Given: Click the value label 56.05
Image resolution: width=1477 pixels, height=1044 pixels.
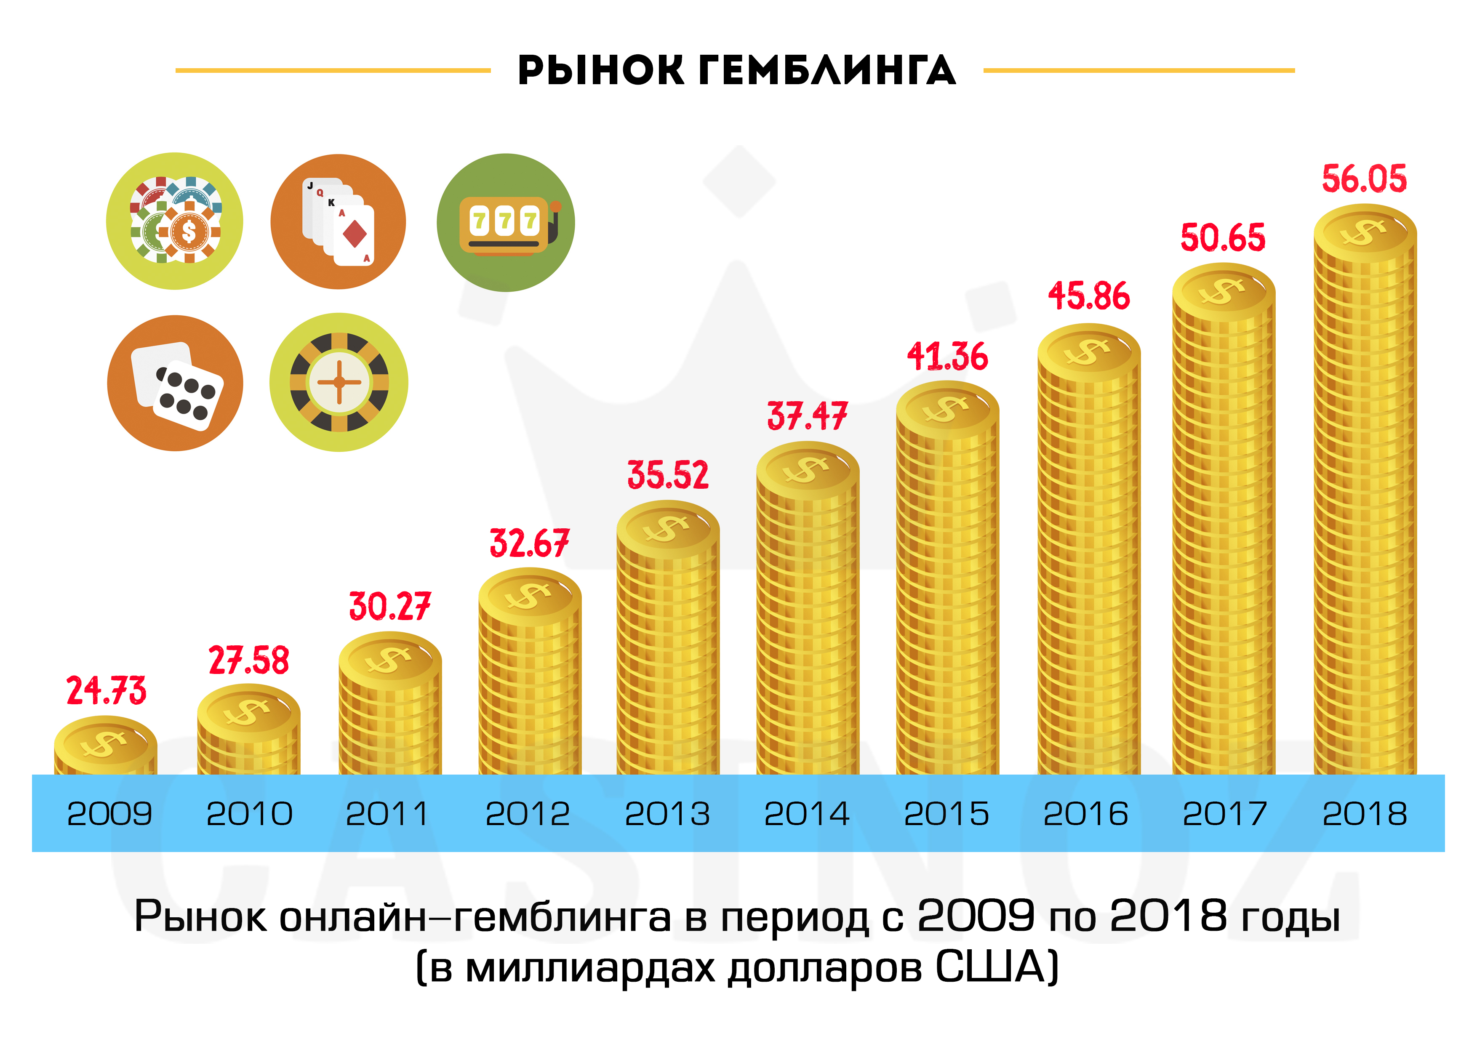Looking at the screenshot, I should coord(1364,179).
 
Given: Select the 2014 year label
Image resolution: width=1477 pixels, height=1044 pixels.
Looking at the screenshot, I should coord(807,814).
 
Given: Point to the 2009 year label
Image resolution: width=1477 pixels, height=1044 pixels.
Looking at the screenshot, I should coord(109,814).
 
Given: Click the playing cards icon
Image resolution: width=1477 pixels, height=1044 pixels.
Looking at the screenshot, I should coord(339,221).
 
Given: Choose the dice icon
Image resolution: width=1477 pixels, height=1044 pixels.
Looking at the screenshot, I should coord(175,384).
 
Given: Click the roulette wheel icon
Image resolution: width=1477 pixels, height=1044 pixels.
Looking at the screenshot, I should coord(339,382).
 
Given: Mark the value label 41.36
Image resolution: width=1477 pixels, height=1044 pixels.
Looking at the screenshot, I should coord(947,357).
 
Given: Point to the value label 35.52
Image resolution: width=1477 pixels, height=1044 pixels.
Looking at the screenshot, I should coord(668,475).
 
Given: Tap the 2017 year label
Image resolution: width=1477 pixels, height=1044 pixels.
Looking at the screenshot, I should coord(1225,814).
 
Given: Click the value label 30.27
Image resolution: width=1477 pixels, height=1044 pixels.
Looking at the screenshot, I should coord(389,607).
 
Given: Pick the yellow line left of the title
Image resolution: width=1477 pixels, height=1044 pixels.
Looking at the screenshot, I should coord(333,70).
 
